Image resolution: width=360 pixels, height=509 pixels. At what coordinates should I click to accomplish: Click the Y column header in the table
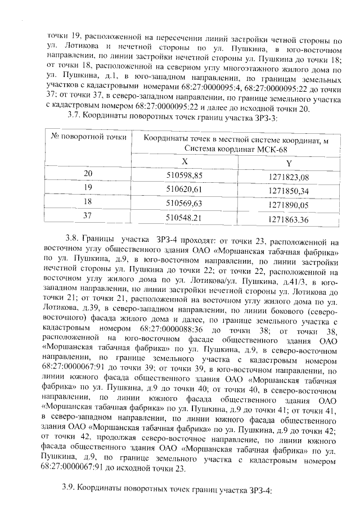tap(289, 163)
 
